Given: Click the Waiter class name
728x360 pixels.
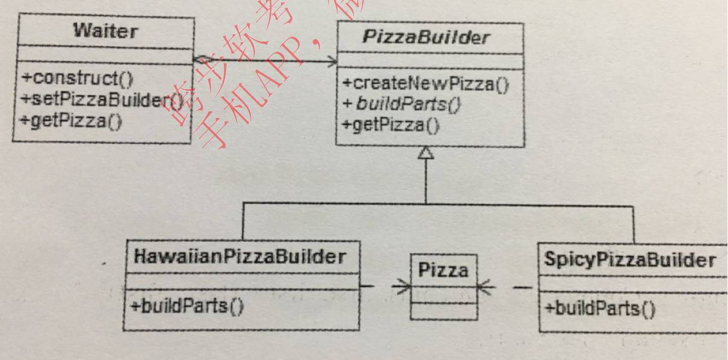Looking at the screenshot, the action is [105, 31].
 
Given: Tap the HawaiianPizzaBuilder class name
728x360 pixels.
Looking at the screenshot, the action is [240, 257].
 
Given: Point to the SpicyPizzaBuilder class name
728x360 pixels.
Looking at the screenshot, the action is [630, 260].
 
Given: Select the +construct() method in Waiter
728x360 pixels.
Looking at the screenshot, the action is [77, 78].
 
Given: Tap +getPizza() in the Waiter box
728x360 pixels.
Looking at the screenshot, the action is [72, 120].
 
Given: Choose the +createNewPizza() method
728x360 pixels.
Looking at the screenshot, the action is [425, 84].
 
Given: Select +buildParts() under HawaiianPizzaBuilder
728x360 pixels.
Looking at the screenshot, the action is [187, 306].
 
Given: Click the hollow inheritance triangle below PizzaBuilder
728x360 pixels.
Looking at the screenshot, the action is [426, 154].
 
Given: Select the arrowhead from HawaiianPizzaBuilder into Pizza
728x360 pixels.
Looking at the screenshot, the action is [401, 287].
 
